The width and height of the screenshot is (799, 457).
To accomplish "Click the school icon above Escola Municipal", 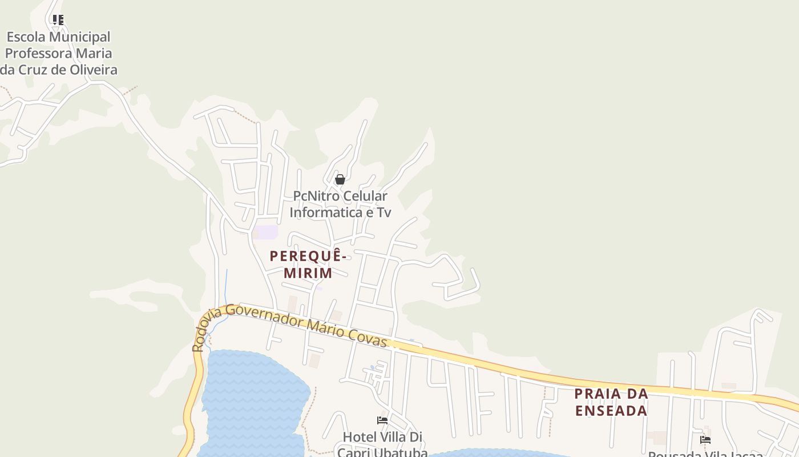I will coord(58,20).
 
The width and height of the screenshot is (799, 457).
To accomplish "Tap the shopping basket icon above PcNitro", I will coord(340,179).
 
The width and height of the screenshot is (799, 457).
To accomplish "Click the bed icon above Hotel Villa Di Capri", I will coord(382,420).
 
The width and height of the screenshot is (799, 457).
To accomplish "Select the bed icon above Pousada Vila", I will coord(705,439).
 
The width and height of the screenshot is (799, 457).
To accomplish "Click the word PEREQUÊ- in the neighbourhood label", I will coord(308,256).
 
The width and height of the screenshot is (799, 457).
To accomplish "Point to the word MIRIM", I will coord(308,273).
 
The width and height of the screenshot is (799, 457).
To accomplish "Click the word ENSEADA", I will coord(611,411).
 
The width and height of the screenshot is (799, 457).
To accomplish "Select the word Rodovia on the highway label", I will coord(204,331).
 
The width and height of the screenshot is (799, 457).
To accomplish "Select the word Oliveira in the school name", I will coord(91,70).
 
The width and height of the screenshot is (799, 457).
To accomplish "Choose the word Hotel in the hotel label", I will coord(358,437).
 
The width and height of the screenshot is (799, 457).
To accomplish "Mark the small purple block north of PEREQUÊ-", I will coord(266,232).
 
